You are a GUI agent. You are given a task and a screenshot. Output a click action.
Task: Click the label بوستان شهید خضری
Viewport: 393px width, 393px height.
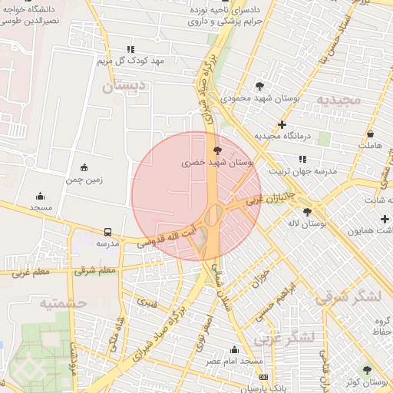218,163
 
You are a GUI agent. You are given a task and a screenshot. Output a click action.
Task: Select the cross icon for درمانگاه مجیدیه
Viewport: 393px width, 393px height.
282,124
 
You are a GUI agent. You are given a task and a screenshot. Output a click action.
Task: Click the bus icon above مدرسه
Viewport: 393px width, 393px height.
107,231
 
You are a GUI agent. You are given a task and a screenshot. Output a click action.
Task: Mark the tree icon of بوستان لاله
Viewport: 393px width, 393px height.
307,212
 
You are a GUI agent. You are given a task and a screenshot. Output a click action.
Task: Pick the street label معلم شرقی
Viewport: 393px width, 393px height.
97,269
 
